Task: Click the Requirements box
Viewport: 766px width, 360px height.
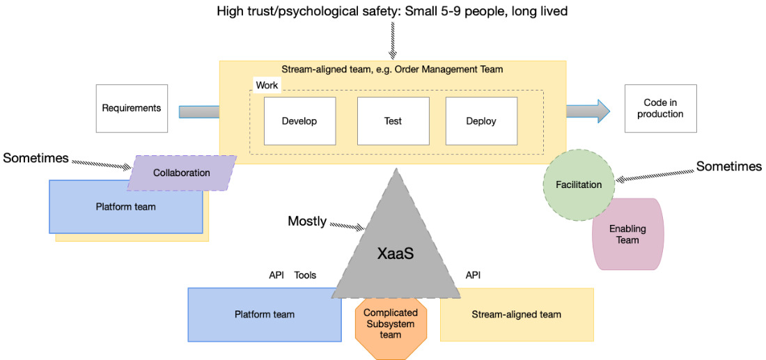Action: tap(132, 109)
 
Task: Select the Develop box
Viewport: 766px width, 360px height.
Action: tap(300, 120)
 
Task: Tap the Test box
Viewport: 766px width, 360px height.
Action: tap(393, 120)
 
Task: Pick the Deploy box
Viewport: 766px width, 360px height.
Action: tap(482, 120)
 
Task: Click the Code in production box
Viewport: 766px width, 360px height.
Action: tap(660, 109)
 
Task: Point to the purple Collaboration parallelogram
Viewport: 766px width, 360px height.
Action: tap(182, 173)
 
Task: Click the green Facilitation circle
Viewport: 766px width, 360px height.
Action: tap(579, 185)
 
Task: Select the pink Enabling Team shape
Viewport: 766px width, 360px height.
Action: tap(627, 234)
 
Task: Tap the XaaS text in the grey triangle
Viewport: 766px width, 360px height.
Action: tap(396, 253)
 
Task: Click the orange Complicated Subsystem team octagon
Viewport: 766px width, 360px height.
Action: tap(391, 323)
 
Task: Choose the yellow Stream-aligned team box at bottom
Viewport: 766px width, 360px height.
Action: tap(517, 315)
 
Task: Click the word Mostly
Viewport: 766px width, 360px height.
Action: tap(307, 221)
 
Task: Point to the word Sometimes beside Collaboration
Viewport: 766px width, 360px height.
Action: tap(36, 158)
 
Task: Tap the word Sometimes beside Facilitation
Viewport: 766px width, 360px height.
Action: tap(729, 166)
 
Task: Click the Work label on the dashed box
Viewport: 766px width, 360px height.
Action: tap(267, 85)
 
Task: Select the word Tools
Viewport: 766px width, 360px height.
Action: tap(305, 276)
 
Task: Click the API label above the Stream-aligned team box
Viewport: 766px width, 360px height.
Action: tap(473, 276)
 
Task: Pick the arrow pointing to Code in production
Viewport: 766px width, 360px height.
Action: tap(588, 112)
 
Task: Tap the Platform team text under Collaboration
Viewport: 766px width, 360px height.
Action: tap(126, 207)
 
